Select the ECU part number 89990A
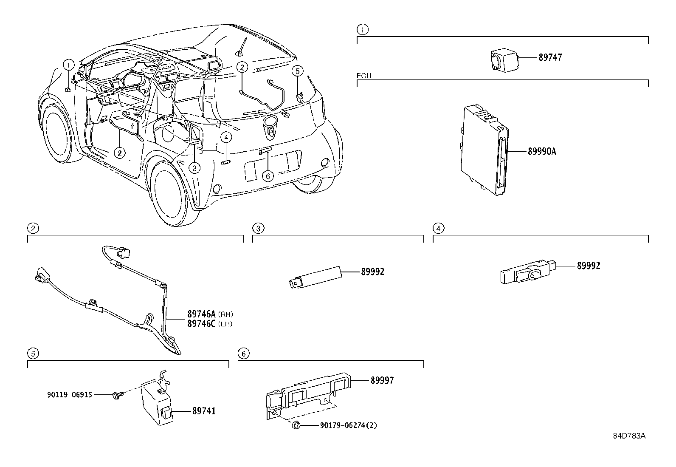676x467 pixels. pos(541,151)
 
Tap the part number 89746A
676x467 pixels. pos(202,314)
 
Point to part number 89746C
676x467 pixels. pos(202,324)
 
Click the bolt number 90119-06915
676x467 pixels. pos(70,395)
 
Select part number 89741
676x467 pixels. pos(204,411)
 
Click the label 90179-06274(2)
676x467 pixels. pos(348,425)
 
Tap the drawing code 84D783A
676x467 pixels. pos(629,436)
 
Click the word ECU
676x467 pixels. pos(363,76)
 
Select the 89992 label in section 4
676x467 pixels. pos(589,266)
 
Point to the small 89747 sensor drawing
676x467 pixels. pos(503,59)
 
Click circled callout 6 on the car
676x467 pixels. pos(268,175)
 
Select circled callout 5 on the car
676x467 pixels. pos(298,71)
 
